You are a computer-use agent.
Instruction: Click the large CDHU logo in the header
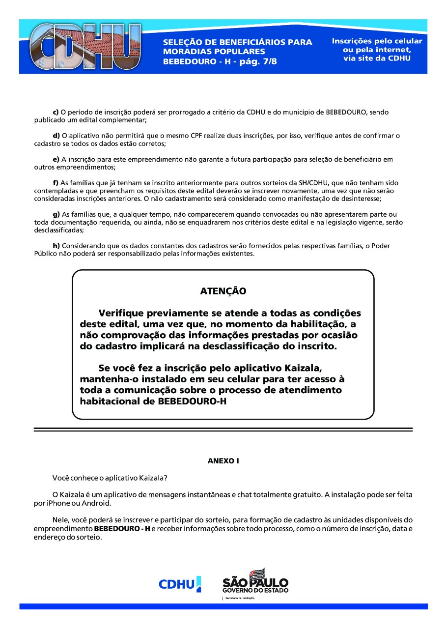click(84, 47)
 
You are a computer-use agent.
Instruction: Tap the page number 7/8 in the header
click(266, 62)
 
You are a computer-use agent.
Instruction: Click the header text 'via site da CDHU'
click(377, 58)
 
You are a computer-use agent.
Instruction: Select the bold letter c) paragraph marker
click(56, 113)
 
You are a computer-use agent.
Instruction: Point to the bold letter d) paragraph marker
click(56, 136)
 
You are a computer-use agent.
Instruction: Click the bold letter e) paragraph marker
click(56, 159)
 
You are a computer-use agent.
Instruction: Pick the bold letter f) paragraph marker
click(56, 183)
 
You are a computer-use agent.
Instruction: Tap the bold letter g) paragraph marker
click(56, 214)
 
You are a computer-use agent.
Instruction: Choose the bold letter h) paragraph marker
click(56, 246)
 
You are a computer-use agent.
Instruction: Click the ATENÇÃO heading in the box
click(223, 291)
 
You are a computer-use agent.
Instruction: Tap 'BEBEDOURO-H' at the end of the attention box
click(193, 401)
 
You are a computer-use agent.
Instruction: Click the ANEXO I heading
click(223, 461)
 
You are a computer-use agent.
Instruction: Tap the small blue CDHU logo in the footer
click(179, 584)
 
